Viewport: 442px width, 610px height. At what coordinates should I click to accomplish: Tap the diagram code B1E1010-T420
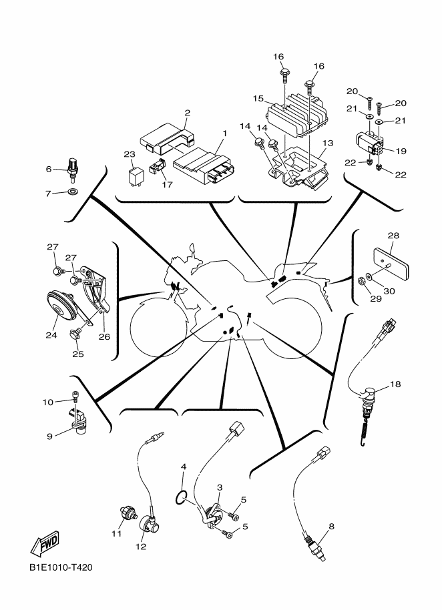pos(60,568)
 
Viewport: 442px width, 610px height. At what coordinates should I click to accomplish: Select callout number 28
pos(393,236)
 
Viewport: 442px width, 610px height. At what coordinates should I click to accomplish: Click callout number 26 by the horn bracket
pos(104,336)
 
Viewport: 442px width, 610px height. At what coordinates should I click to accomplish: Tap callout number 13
pos(327,143)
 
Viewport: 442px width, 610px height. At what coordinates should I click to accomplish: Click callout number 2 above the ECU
pos(188,113)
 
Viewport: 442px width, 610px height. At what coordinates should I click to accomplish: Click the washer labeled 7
pos(73,194)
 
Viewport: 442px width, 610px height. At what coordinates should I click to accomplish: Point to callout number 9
pos(49,436)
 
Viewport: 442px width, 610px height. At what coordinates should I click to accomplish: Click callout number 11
pos(117,534)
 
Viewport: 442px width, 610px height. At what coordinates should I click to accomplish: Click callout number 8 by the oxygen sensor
pos(331,527)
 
